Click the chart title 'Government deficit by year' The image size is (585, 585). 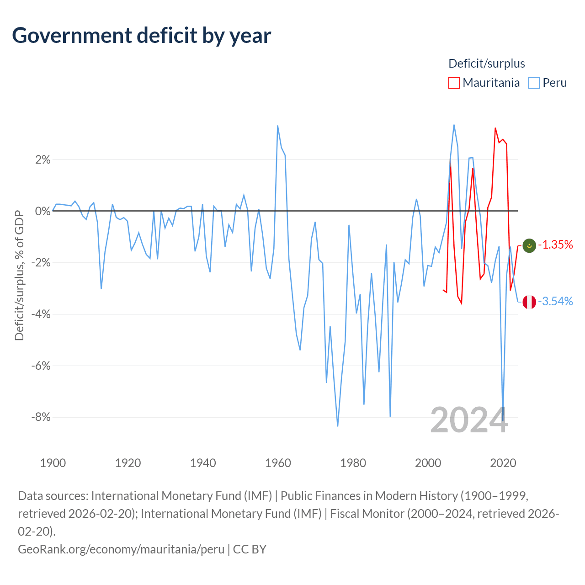click(141, 36)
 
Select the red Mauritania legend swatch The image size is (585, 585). click(454, 83)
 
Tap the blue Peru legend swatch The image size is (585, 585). click(534, 83)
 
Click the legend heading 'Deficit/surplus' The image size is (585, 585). click(487, 64)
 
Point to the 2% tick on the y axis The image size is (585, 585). click(43, 160)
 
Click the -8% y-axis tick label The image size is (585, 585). click(41, 417)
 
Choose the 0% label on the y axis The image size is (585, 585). click(43, 211)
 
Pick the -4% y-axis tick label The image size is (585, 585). click(41, 314)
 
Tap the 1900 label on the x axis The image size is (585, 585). click(53, 463)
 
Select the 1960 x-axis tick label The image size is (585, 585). click(278, 463)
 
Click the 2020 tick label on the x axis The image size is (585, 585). click(503, 463)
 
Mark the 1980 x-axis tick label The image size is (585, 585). click(353, 463)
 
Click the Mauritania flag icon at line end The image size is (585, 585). click(529, 245)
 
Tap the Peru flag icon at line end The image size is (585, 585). click(529, 302)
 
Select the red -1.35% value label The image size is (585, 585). click(555, 245)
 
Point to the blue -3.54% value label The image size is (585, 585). click(555, 301)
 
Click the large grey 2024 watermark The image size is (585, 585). click(469, 420)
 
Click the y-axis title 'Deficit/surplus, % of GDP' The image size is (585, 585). click(20, 275)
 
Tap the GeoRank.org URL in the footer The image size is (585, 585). click(121, 549)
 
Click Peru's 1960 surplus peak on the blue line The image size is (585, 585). click(277, 126)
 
